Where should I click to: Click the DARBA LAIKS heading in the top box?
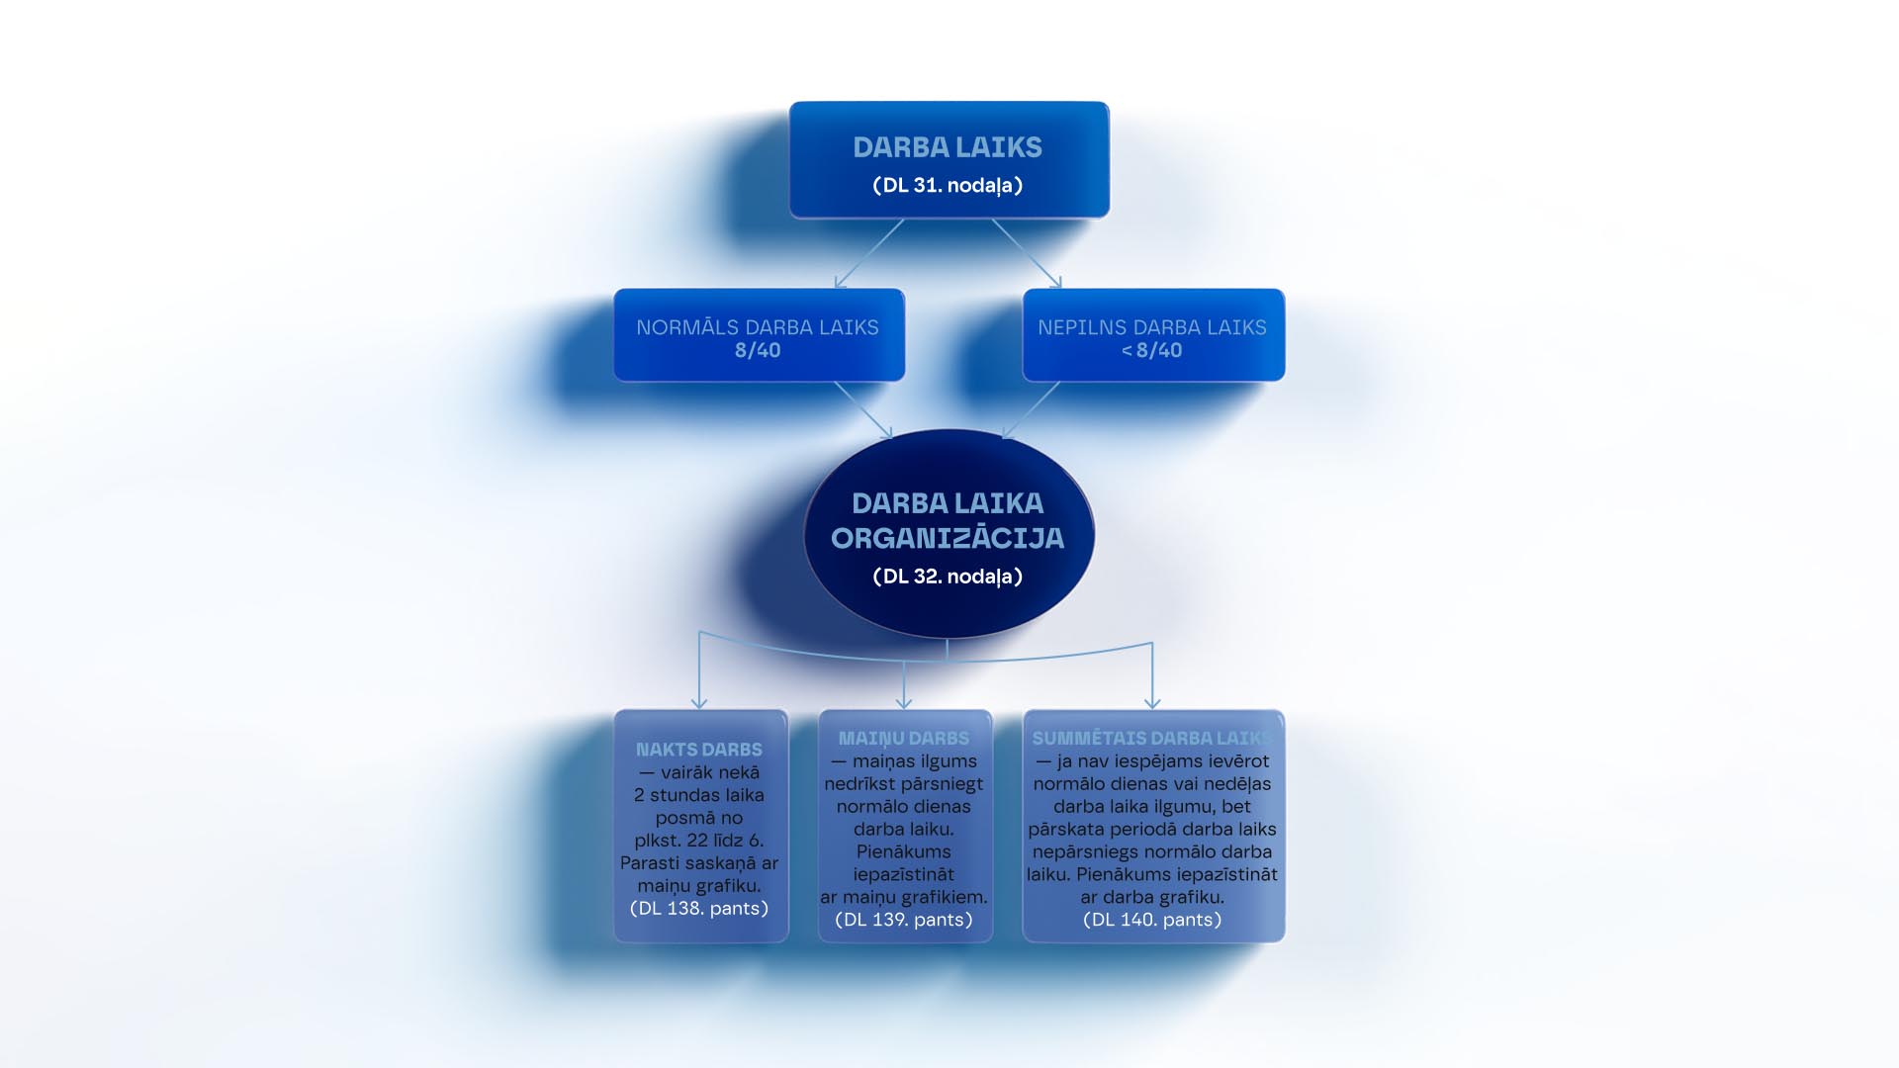(948, 147)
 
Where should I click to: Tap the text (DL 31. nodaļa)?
(948, 185)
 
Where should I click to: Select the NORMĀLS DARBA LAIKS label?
(757, 327)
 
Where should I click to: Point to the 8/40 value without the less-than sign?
(758, 350)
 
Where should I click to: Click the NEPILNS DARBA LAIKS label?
(1151, 327)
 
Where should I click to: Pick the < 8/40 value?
(1151, 350)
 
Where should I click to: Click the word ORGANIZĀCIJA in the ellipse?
(948, 538)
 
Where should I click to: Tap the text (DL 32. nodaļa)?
(948, 577)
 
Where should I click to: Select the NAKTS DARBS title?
(699, 750)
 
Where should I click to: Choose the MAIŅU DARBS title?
(904, 739)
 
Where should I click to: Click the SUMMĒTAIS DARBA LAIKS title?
(1152, 739)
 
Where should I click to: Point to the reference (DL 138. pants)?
(699, 908)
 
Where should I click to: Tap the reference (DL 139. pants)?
(904, 920)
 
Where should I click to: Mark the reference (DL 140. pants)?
(1152, 920)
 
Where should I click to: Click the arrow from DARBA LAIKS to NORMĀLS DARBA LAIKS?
(868, 254)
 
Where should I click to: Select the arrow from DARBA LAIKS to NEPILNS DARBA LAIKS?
(1027, 254)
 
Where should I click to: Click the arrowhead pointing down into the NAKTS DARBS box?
(699, 702)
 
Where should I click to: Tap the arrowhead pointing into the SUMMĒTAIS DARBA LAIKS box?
(1152, 702)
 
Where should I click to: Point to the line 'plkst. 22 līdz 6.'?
(699, 841)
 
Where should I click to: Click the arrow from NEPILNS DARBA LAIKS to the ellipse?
(1031, 409)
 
